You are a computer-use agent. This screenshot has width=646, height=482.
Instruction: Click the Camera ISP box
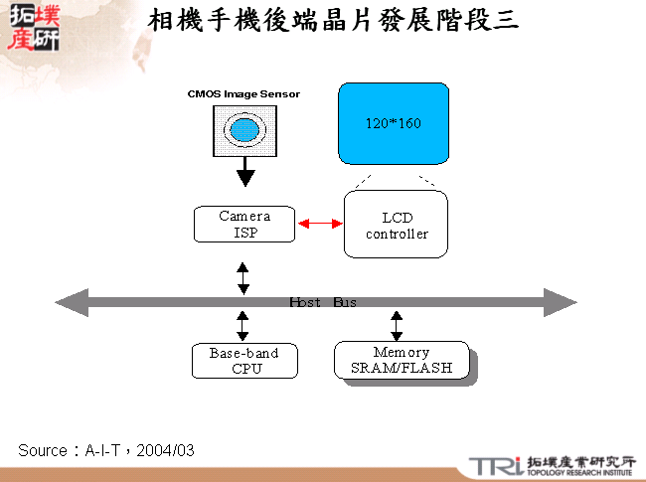pyautogui.click(x=244, y=225)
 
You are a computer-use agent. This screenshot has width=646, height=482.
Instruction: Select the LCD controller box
pyautogui.click(x=397, y=226)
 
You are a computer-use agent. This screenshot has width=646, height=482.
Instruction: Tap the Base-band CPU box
pyautogui.click(x=244, y=360)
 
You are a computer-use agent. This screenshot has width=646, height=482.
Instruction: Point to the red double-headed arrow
pyautogui.click(x=319, y=225)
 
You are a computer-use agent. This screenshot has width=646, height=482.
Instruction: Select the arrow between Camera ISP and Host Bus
pyautogui.click(x=243, y=277)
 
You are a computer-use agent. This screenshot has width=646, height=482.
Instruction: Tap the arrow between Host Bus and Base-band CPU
pyautogui.click(x=243, y=325)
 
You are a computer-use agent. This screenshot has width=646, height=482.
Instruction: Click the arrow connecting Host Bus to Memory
pyautogui.click(x=397, y=325)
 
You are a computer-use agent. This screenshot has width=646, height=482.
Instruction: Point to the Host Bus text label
pyautogui.click(x=322, y=302)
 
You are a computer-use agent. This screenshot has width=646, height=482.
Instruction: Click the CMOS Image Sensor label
pyautogui.click(x=243, y=94)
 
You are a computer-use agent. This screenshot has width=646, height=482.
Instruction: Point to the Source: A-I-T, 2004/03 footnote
pyautogui.click(x=106, y=450)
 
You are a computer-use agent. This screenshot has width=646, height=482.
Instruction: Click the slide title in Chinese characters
pyautogui.click(x=333, y=20)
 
